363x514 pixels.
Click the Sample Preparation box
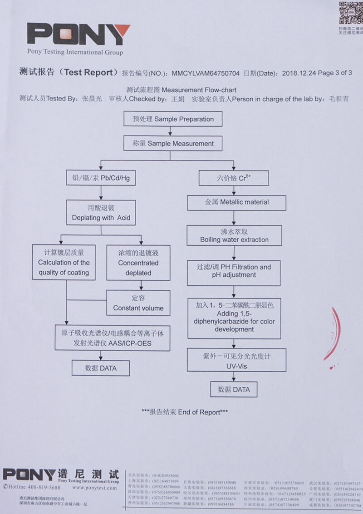pyautogui.click(x=173, y=119)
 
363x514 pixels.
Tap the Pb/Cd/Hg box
pyautogui.click(x=101, y=178)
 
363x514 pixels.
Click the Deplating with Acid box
pyautogui.click(x=101, y=213)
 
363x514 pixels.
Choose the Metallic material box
pyautogui.click(x=236, y=202)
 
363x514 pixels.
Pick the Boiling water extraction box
pyautogui.click(x=234, y=235)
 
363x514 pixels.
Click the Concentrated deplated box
pyautogui.click(x=138, y=263)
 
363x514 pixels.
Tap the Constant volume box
pyautogui.click(x=138, y=303)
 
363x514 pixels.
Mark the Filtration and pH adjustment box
pyautogui.click(x=233, y=271)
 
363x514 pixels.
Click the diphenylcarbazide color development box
pyautogui.click(x=234, y=318)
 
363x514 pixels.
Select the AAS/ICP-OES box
pyautogui.click(x=112, y=338)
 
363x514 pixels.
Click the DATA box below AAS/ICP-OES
pyautogui.click(x=101, y=368)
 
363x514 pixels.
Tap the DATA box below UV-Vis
pyautogui.click(x=234, y=389)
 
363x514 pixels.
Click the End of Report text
pyautogui.click(x=185, y=412)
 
